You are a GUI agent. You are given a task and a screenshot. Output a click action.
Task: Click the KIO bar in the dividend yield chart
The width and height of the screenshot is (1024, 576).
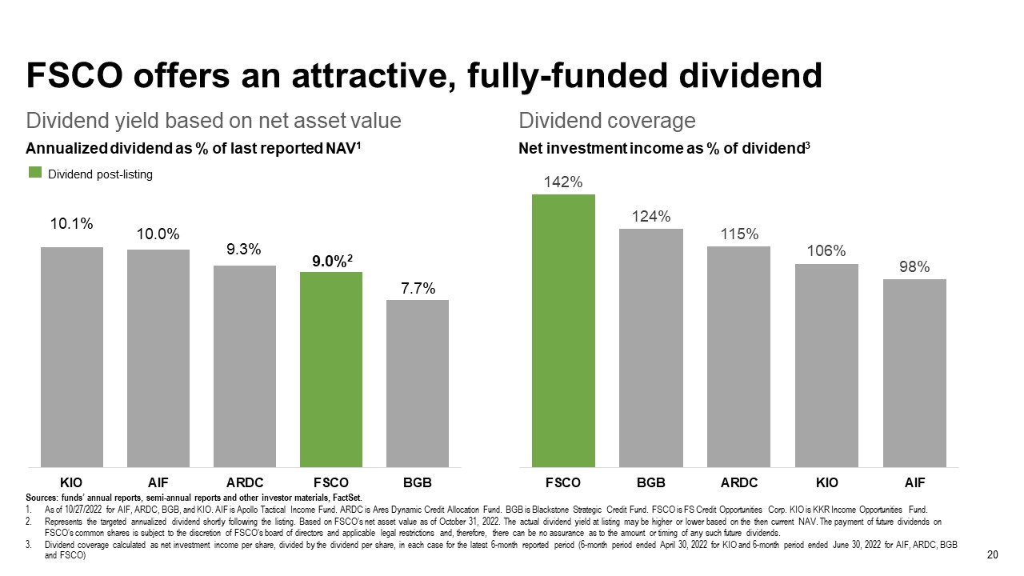pos(72,357)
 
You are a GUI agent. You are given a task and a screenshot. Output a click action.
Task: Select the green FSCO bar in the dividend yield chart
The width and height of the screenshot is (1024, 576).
pos(331,370)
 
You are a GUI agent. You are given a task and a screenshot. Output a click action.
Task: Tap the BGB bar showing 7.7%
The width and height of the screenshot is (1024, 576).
pos(418,383)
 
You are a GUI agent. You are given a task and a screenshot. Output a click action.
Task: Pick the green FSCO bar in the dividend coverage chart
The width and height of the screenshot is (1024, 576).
pos(563,330)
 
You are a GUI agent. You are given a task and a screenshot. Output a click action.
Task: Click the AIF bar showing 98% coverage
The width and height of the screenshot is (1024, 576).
pos(914,373)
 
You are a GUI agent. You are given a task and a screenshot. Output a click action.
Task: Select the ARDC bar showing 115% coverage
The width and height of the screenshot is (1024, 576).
pos(738,357)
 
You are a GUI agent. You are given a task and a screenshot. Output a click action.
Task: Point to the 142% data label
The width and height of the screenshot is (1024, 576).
pos(563,182)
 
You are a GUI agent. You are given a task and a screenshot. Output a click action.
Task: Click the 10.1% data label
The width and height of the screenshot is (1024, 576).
pos(71,223)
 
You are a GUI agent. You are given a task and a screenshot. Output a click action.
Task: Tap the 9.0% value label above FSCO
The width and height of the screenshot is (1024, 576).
pos(329,261)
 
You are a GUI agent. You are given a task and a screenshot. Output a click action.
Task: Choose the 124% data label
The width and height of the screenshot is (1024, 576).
pos(651,216)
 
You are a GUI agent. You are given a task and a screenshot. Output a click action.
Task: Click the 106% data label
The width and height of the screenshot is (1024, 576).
pos(826,251)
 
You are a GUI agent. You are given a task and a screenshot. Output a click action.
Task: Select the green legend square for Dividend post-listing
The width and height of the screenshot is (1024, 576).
pos(35,172)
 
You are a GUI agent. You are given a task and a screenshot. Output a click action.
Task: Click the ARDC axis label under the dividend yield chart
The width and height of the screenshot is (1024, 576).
pos(245,482)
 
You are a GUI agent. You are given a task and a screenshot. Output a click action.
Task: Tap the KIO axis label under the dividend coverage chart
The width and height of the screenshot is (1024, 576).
pos(827,482)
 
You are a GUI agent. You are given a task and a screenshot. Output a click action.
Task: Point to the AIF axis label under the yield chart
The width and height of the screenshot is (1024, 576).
pos(158,482)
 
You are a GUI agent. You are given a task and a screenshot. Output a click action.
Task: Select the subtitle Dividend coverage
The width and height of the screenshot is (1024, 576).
pos(606,121)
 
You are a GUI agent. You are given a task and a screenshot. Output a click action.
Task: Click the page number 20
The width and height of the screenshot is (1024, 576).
pos(993,554)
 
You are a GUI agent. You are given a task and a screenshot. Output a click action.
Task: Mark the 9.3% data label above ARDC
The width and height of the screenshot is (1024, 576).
pos(244,249)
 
